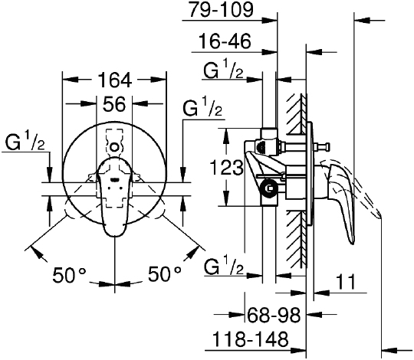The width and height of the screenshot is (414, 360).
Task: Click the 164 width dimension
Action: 114,80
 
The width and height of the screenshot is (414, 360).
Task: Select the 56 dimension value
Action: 114,104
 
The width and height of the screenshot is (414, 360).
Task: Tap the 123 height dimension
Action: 226,168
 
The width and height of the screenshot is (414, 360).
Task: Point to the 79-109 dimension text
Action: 222,10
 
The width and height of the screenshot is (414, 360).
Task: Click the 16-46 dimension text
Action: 225,41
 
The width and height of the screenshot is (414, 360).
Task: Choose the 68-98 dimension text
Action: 274,315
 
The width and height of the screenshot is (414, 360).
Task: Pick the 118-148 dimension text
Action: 250,339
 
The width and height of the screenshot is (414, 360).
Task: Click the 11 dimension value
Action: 346,282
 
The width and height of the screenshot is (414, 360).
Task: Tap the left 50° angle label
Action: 70,274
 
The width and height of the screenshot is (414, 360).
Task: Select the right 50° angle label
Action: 165,273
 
